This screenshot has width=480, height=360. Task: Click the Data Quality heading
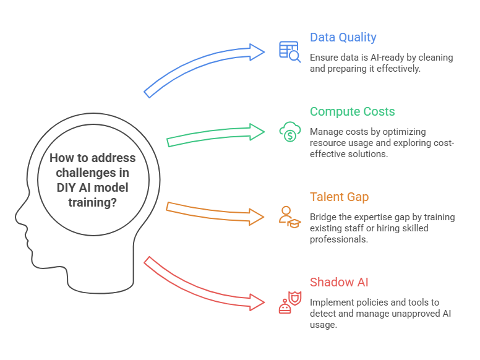[x=343, y=38]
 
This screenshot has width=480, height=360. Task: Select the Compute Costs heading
[x=352, y=112]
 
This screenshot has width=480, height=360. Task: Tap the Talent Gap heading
[x=340, y=197]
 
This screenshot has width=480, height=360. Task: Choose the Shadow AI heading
[x=339, y=283]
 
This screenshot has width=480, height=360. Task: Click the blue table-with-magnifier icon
[x=289, y=52]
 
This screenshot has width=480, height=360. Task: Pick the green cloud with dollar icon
[x=289, y=132]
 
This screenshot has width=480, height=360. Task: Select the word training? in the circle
[x=92, y=202]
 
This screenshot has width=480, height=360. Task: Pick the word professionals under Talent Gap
[x=339, y=239]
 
